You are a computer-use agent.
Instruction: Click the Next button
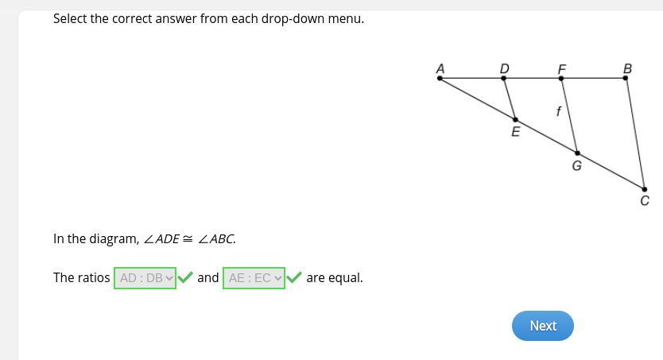543,326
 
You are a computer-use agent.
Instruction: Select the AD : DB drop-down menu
145,278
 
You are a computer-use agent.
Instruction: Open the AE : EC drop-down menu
254,278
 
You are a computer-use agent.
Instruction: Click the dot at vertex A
440,78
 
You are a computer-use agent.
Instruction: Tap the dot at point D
503,78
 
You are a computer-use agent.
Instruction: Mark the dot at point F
561,78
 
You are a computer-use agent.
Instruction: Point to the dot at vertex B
626,78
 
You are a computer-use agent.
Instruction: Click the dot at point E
515,119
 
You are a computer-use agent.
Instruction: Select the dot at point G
578,153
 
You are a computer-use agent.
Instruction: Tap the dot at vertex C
645,189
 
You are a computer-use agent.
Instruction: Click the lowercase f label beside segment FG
559,111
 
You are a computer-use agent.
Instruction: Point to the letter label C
645,201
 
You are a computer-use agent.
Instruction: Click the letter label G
576,165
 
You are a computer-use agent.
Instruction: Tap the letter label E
516,132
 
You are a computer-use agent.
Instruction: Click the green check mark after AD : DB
185,277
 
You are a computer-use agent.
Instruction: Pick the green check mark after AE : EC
294,277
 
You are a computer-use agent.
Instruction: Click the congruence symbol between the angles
188,239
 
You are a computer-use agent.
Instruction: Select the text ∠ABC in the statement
215,239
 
